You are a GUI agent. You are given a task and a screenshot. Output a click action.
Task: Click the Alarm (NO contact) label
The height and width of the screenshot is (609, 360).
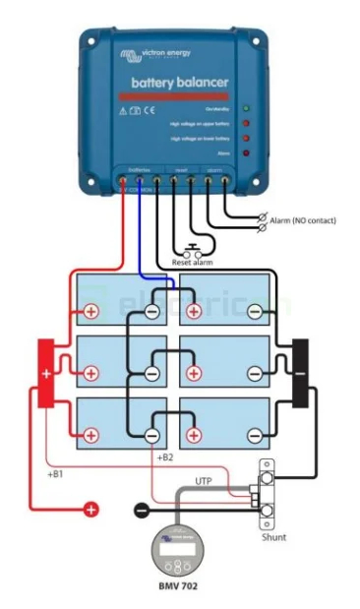click(x=302, y=221)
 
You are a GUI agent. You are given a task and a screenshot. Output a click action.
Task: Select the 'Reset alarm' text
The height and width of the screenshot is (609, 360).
click(x=194, y=263)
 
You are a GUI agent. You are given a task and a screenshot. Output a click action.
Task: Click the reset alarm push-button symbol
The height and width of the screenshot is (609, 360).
click(x=194, y=247)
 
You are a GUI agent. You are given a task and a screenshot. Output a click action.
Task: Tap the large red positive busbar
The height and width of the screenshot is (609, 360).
click(x=45, y=374)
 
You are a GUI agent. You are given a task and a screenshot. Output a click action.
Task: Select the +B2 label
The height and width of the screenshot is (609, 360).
click(x=164, y=458)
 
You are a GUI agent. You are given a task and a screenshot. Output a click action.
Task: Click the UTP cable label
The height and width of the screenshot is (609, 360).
click(x=204, y=481)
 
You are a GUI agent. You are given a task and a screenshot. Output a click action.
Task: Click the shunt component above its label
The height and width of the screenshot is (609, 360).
click(x=266, y=491)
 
